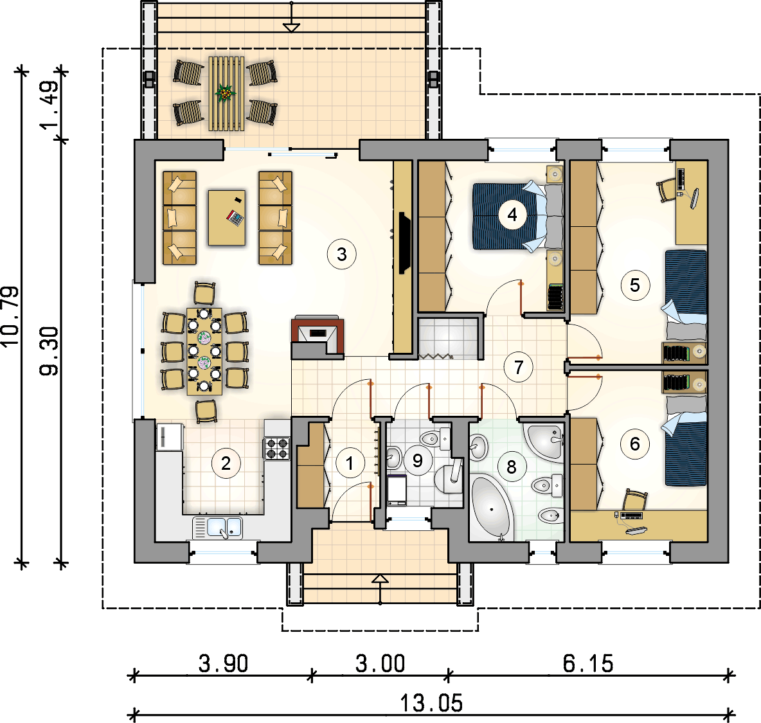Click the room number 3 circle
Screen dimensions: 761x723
click(x=342, y=254)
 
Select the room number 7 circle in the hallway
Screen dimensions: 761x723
click(x=518, y=367)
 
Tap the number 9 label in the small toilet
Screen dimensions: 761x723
click(x=417, y=460)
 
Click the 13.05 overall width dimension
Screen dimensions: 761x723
click(x=431, y=703)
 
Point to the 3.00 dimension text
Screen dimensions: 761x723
click(x=380, y=663)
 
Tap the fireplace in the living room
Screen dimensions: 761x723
click(x=318, y=337)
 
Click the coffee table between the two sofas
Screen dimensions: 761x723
click(x=227, y=217)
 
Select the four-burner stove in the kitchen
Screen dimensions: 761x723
click(x=277, y=449)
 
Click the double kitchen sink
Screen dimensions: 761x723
click(x=217, y=528)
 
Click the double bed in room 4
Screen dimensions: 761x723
click(x=517, y=216)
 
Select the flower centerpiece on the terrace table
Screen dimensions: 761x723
click(x=225, y=92)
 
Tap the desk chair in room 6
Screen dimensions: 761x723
click(x=635, y=499)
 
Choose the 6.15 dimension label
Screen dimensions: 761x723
click(x=587, y=663)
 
